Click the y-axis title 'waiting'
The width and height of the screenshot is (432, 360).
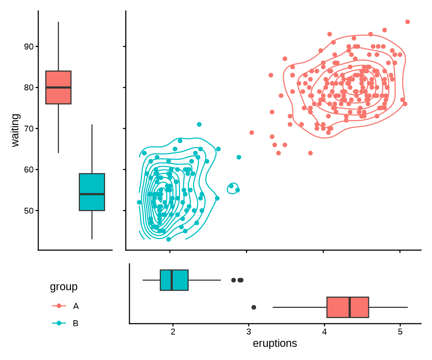click(15, 130)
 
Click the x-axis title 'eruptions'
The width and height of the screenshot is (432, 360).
click(275, 343)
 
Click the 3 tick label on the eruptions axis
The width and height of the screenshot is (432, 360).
click(249, 332)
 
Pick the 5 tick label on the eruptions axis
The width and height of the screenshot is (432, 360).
click(400, 332)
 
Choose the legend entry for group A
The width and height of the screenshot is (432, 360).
click(76, 306)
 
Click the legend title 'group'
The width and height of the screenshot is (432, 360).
click(64, 287)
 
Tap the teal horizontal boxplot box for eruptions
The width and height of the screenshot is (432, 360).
click(174, 280)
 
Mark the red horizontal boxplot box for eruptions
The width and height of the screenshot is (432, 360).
click(348, 307)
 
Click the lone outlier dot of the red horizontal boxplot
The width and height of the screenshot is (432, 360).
click(253, 307)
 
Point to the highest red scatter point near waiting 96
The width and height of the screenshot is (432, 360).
click(408, 22)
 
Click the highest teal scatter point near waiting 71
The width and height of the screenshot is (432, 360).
click(199, 124)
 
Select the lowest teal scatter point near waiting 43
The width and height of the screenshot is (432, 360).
click(168, 239)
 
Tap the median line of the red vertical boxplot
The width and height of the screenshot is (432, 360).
click(58, 87)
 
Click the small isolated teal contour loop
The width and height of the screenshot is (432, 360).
click(233, 187)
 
